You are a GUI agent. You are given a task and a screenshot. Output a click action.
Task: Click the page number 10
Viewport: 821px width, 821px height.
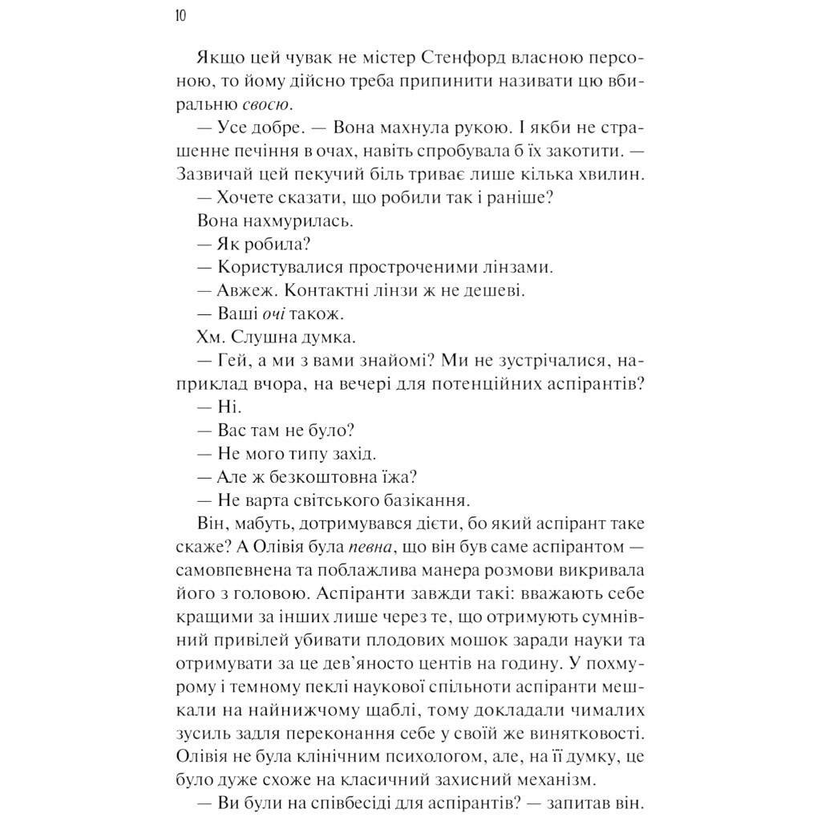tap(179, 16)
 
